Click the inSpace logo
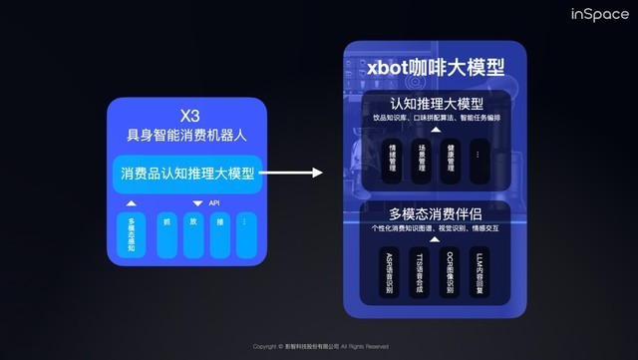coord(599,15)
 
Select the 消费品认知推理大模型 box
coord(187,175)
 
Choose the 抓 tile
coord(166,233)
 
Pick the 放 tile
coord(192,233)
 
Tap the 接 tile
coord(218,233)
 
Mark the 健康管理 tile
coord(451,160)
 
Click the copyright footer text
coord(320,347)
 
